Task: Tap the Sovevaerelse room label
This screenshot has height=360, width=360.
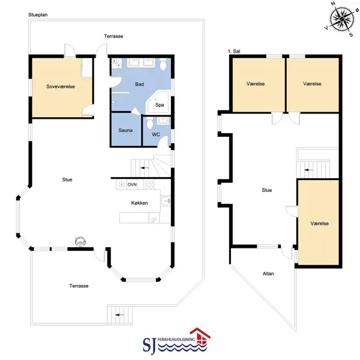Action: pos(61,86)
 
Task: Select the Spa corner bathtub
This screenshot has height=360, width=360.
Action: pos(158,103)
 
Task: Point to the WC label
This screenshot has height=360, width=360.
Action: pos(156,134)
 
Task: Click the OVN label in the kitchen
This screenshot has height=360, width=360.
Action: pos(132,185)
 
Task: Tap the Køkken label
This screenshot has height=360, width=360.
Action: pos(139,203)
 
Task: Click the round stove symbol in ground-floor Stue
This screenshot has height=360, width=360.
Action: pos(80,242)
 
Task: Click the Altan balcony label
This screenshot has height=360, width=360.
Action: pos(268,274)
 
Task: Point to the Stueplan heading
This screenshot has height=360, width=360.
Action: pos(38,14)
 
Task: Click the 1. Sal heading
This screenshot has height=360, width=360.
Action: pos(234,51)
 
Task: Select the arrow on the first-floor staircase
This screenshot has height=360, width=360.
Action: pos(308,170)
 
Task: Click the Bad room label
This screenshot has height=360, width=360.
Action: pos(139,84)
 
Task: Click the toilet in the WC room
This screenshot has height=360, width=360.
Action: pos(149,123)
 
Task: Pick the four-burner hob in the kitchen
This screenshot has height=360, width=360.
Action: pos(149,185)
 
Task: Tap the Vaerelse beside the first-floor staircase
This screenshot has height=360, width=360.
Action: pos(319,223)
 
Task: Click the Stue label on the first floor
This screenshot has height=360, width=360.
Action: pos(267,190)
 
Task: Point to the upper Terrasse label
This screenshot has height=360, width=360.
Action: pos(113,36)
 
